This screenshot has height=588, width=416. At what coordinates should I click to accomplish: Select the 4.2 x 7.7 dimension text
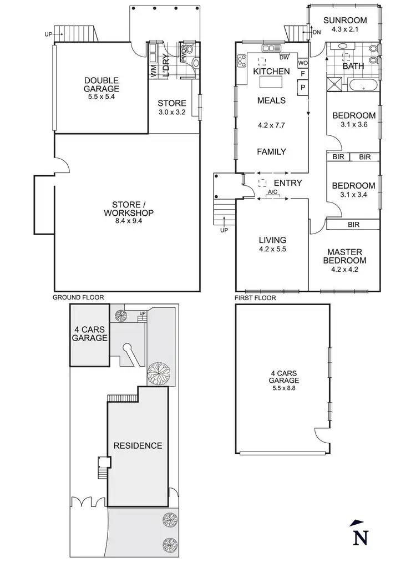271,125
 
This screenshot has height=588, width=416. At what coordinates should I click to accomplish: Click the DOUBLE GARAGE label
102,84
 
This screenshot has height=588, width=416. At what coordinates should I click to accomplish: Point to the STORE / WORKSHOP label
129,209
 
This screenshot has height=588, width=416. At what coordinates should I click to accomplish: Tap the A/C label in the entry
272,192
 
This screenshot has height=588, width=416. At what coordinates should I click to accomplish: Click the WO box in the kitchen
303,63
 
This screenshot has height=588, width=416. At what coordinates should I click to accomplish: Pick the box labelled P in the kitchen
303,87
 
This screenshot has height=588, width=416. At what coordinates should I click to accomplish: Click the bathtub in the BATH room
363,85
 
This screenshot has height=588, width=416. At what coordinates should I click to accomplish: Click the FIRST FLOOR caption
255,298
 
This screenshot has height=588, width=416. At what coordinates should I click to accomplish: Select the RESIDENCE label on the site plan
138,445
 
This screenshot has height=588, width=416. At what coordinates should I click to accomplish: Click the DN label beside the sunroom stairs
316,33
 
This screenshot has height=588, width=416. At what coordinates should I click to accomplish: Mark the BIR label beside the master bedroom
353,225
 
